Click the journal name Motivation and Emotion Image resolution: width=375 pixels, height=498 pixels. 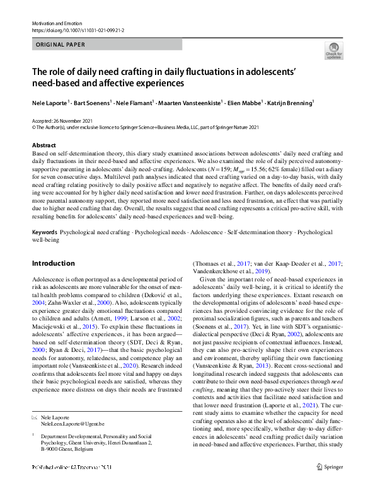tap(57, 23)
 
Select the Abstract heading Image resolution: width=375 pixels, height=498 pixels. tap(43, 145)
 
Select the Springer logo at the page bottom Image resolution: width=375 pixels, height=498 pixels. tap(330, 484)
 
